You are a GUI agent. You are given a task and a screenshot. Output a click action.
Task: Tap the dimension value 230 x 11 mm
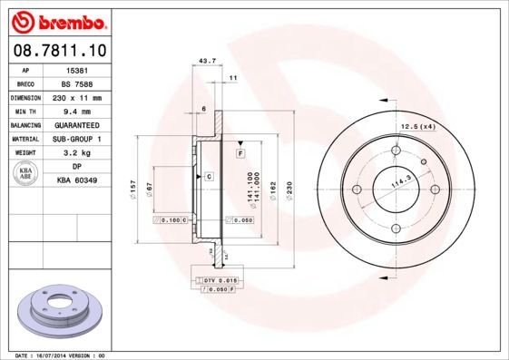click(77, 97)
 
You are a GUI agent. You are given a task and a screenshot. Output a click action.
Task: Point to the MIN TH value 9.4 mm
click(77, 111)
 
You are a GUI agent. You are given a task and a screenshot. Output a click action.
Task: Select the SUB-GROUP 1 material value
click(77, 139)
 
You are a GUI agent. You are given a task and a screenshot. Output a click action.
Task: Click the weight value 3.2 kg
click(77, 153)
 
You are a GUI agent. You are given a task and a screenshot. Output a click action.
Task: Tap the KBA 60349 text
click(77, 181)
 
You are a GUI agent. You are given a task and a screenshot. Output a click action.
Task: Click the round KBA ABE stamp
click(26, 174)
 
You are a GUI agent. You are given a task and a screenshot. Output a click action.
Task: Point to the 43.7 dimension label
click(206, 62)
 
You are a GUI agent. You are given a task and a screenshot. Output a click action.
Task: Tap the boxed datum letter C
click(209, 175)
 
